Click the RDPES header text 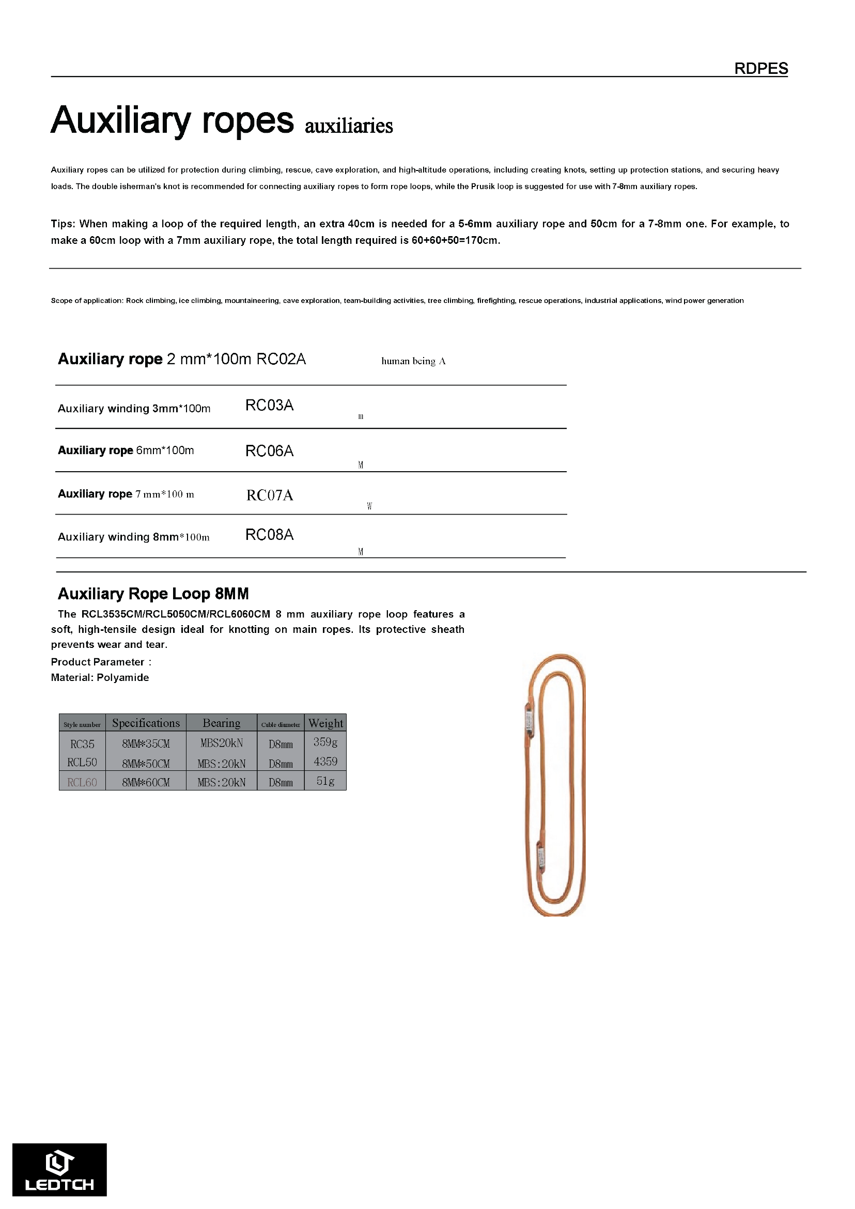click(761, 68)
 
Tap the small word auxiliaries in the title click(349, 127)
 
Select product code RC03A click(269, 405)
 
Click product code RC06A click(269, 451)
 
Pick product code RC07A click(269, 495)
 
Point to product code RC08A click(269, 534)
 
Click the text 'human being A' click(413, 361)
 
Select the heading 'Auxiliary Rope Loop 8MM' click(153, 594)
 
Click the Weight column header click(325, 723)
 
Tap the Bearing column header click(221, 723)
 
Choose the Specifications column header click(146, 723)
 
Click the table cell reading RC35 click(82, 744)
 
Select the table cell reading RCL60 click(82, 782)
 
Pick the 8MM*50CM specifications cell click(146, 764)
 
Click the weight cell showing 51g click(325, 781)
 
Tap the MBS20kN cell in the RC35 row click(221, 743)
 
